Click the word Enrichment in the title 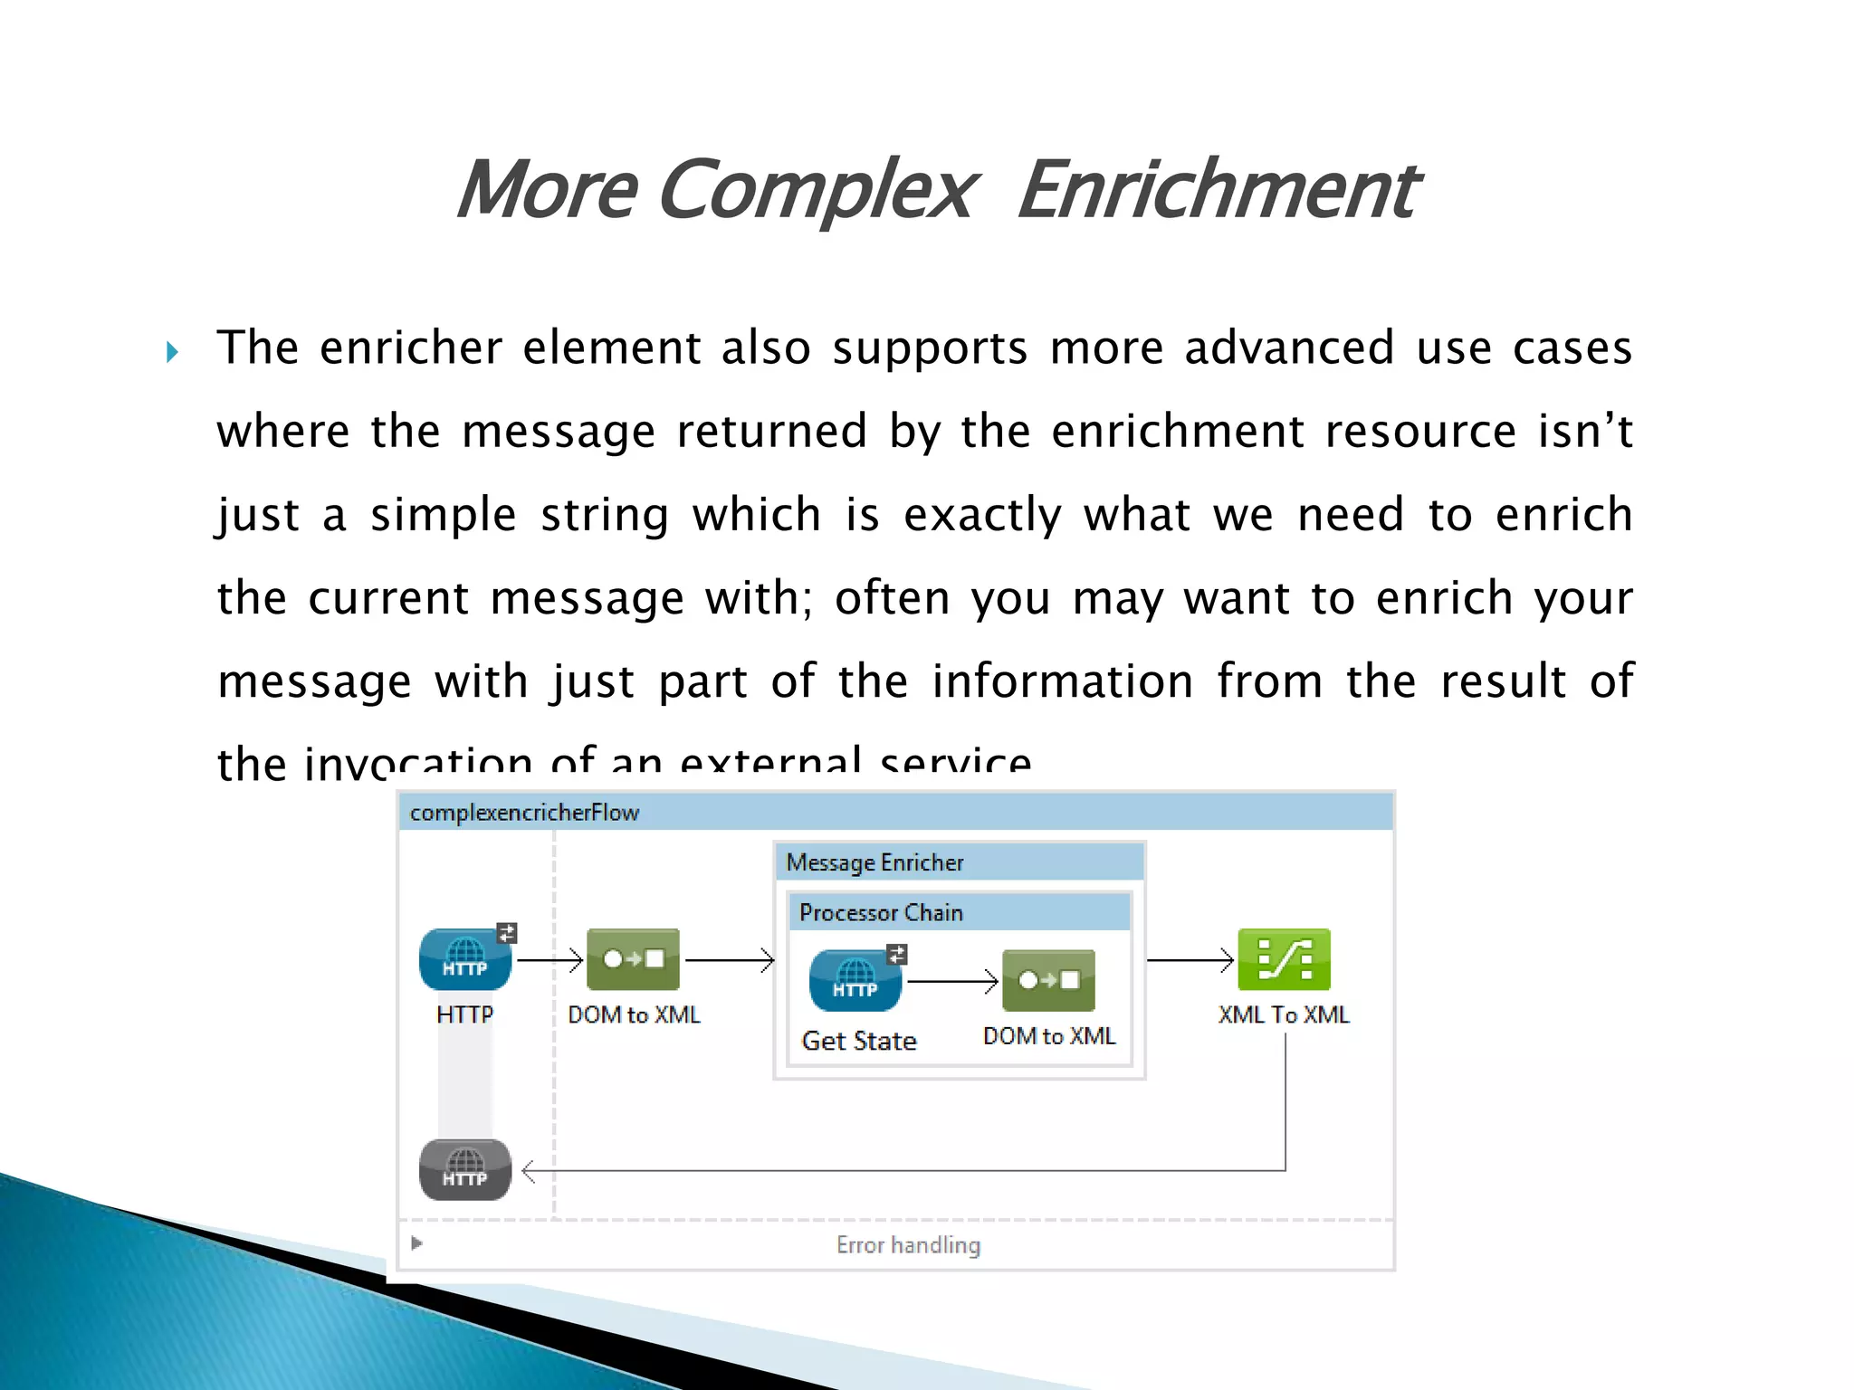tap(1218, 190)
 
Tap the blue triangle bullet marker tap(172, 352)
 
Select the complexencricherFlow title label tap(524, 813)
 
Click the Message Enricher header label tap(874, 862)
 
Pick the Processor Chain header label tap(881, 912)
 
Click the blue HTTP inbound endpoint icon tap(465, 959)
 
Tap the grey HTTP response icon tap(465, 1169)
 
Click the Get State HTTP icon tap(855, 980)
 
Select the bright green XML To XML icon tap(1284, 959)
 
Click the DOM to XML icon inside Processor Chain tap(1048, 980)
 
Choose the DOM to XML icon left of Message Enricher tap(633, 959)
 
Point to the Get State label tap(859, 1041)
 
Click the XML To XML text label tap(1284, 1014)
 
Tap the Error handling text tap(908, 1245)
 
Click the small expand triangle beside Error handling tap(416, 1243)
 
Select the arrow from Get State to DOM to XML tap(951, 981)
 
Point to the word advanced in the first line tap(1289, 348)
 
